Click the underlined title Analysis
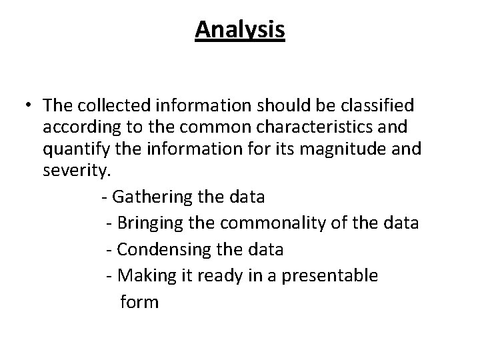click(x=240, y=30)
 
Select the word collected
click(x=111, y=105)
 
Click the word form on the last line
click(x=139, y=302)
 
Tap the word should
click(x=300, y=105)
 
